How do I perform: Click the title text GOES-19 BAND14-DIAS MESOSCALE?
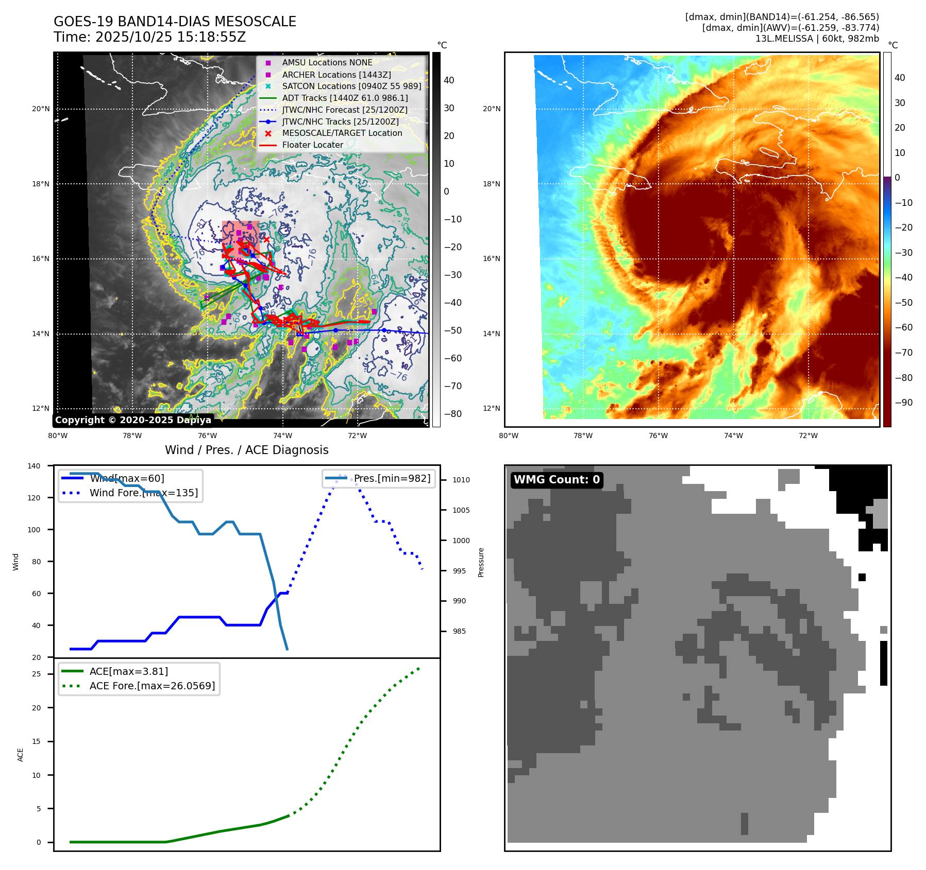point(175,22)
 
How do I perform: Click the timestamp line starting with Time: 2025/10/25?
point(149,37)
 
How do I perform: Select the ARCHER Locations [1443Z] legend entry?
point(336,75)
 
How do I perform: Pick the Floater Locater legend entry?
point(312,145)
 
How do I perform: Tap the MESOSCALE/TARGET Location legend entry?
point(342,133)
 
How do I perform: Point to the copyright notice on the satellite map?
point(133,420)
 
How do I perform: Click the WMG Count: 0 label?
point(557,480)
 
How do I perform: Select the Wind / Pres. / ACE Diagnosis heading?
point(246,450)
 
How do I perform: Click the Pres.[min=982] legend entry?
point(392,478)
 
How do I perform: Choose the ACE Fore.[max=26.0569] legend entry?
point(152,686)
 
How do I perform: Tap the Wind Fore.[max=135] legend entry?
point(143,493)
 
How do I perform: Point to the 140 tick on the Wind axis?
point(34,466)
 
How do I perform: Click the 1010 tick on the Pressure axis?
point(461,480)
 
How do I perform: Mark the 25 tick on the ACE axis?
point(36,674)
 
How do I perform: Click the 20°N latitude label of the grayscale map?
point(41,109)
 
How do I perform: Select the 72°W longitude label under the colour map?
point(807,436)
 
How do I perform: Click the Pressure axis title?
point(481,562)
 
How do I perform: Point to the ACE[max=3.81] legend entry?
point(128,671)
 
